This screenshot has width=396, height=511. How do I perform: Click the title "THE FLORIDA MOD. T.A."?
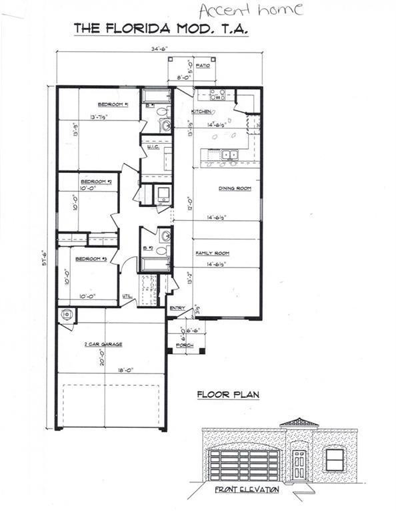point(160,28)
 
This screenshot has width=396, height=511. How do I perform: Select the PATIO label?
point(204,67)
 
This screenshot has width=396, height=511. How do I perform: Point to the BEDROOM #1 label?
point(113,104)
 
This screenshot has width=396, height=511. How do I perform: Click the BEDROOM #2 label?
point(96,182)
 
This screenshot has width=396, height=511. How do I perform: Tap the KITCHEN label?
point(202,111)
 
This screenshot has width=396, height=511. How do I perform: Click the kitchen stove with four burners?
point(218,94)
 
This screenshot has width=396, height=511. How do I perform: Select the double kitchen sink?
point(230,154)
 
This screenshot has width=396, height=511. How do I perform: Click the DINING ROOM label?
point(235,189)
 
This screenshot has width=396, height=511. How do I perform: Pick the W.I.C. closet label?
point(153,147)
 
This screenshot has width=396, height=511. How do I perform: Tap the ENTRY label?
point(177,307)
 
